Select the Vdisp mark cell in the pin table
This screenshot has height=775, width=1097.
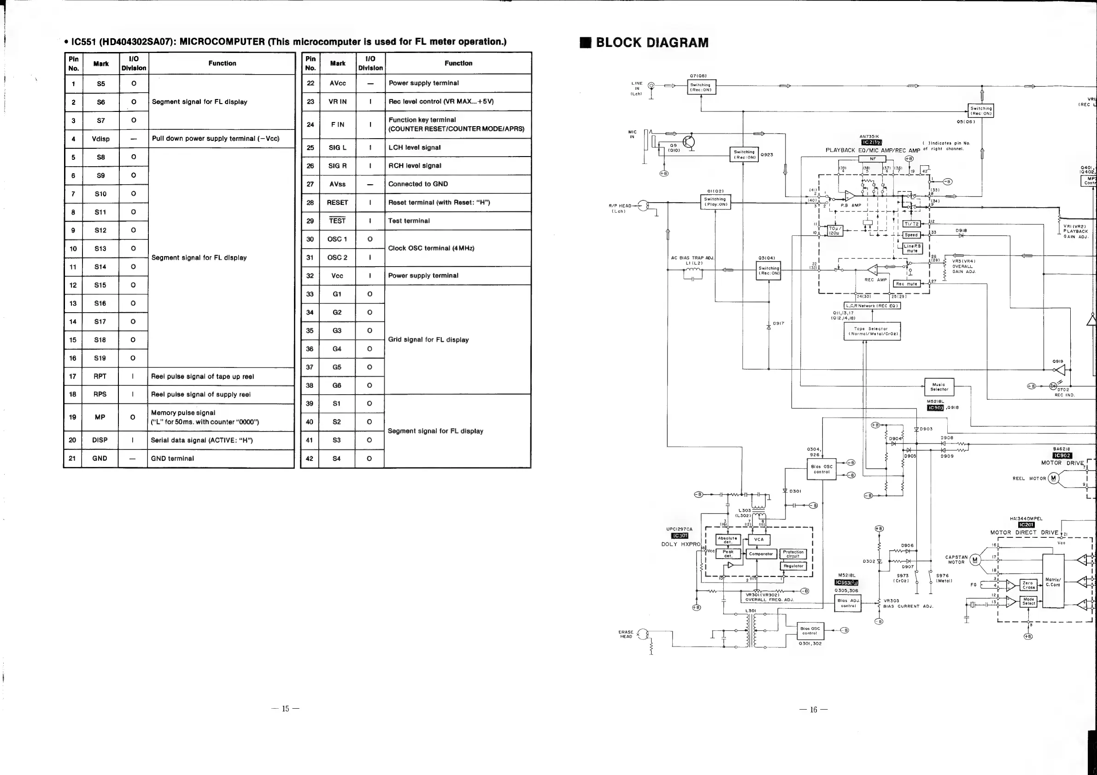[100, 139]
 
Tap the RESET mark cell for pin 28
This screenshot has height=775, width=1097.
[337, 203]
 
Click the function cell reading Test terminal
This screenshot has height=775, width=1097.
[458, 221]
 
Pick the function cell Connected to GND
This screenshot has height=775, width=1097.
[458, 184]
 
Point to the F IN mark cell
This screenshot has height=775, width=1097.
[337, 125]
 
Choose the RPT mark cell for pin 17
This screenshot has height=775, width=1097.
[100, 376]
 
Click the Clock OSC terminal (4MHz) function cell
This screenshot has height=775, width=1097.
[458, 248]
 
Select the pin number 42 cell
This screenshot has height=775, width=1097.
[310, 458]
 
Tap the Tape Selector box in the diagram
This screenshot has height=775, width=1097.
[872, 331]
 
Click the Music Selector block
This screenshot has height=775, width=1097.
[939, 387]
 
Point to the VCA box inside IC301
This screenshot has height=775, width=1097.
[759, 540]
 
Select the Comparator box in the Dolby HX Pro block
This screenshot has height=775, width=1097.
[761, 554]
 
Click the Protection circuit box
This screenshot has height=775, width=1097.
[793, 554]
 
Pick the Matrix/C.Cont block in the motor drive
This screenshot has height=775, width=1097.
[1053, 581]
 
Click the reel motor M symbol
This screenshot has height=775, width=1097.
[1053, 478]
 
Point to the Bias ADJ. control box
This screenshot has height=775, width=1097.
[848, 603]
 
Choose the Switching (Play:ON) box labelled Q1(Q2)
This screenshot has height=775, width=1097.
[715, 202]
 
